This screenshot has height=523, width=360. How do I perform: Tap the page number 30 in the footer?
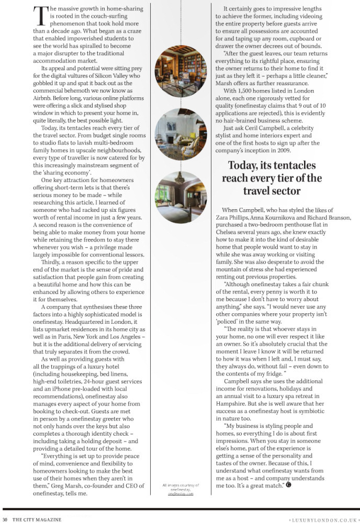click(x=5, y=519)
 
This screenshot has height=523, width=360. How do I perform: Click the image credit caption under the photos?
click(x=181, y=490)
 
